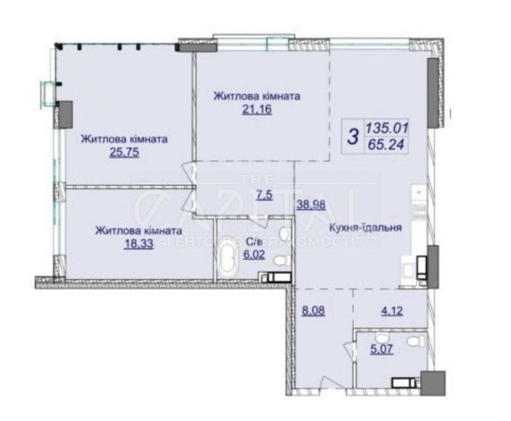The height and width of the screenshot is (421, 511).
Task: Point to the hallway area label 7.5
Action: (x=264, y=195)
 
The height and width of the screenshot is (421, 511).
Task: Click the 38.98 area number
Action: (x=311, y=204)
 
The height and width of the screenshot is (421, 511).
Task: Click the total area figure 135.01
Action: (x=392, y=128)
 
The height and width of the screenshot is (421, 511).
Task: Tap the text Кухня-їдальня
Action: (x=365, y=229)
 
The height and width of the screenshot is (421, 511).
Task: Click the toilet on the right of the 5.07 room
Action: (x=413, y=342)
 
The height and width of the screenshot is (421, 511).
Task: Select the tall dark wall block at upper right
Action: (x=433, y=93)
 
